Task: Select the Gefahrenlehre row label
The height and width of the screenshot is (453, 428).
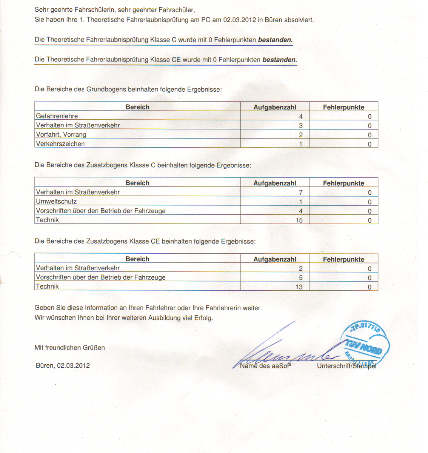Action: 57,116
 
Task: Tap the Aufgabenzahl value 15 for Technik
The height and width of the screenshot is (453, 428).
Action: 299,220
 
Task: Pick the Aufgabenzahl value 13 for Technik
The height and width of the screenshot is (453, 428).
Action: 299,287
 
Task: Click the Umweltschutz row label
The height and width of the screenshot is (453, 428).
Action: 56,202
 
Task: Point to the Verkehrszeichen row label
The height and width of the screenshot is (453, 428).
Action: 60,144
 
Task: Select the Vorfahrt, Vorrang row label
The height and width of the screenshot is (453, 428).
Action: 61,135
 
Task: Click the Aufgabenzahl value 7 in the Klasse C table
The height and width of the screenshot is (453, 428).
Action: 301,193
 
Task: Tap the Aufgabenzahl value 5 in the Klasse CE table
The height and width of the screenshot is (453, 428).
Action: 301,278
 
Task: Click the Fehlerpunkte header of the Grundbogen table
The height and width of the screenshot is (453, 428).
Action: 343,107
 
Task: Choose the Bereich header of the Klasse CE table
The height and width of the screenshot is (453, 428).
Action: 137,259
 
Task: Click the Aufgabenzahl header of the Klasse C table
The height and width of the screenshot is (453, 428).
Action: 275,183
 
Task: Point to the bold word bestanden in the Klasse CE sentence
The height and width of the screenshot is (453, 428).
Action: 280,60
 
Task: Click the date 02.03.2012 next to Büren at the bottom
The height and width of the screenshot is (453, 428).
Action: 73,365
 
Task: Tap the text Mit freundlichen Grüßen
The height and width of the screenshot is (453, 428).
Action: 69,347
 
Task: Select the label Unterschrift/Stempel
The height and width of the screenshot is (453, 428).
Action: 346,366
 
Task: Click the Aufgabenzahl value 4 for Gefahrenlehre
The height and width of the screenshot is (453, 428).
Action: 301,117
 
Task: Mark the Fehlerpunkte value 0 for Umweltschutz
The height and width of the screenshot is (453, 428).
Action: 369,202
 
